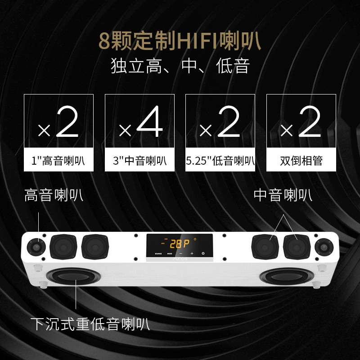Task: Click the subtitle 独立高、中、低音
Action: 180,67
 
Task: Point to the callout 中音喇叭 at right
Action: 283,196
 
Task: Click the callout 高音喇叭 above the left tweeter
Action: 54,196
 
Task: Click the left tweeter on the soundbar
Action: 37,247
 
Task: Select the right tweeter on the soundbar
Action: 322,247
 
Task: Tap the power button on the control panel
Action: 203,254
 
